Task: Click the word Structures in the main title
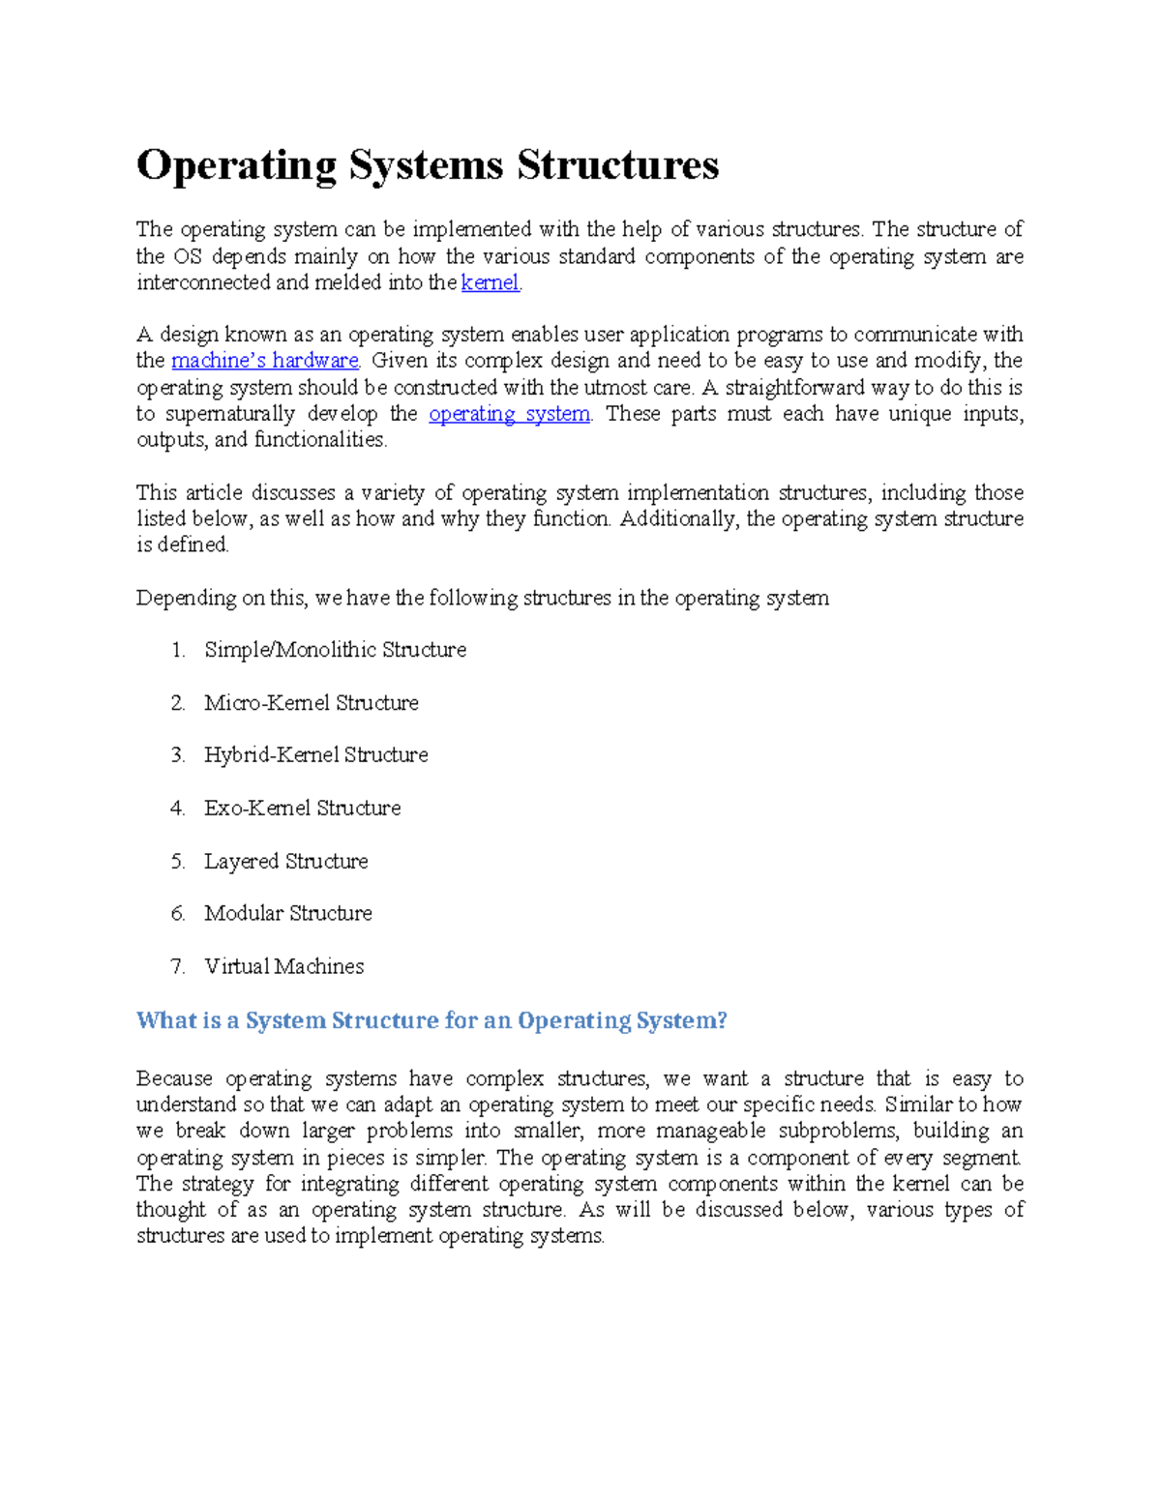(617, 165)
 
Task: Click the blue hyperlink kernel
(491, 283)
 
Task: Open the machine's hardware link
(265, 361)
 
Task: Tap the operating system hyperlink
(509, 414)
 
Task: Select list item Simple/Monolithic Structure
(335, 650)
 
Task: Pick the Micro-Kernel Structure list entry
(311, 703)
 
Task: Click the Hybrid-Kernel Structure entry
(315, 755)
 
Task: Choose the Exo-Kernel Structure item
(302, 809)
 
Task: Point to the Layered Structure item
(285, 862)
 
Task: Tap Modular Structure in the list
(287, 914)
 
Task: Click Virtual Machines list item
(283, 967)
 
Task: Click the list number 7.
(176, 967)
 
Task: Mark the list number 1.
(177, 650)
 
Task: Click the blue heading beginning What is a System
(431, 1021)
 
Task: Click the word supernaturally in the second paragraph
(228, 414)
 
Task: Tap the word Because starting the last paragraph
(174, 1079)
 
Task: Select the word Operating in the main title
(236, 165)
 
